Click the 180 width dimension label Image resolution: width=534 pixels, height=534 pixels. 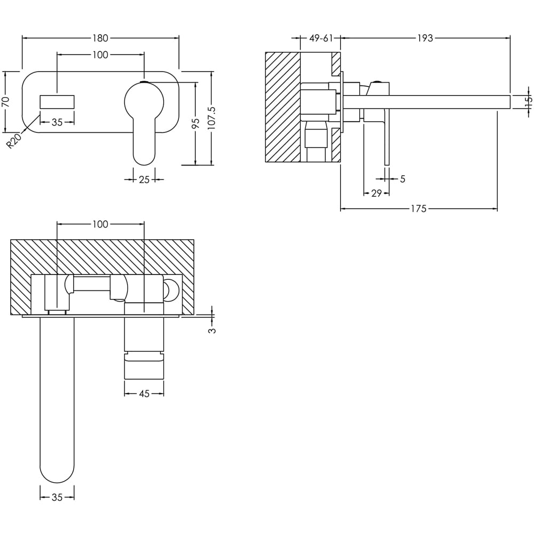click(100, 38)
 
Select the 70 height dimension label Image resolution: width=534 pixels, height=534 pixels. click(6, 101)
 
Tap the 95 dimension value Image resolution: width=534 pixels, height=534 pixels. click(196, 123)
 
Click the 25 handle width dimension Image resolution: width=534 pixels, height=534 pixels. click(144, 180)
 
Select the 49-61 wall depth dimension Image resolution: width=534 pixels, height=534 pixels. click(321, 38)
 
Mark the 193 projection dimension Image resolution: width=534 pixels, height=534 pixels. click(425, 38)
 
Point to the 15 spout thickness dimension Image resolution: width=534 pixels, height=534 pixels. click(528, 102)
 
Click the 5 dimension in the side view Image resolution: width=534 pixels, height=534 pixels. click(403, 179)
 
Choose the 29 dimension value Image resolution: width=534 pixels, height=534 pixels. click(376, 193)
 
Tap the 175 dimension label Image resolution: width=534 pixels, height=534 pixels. click(419, 209)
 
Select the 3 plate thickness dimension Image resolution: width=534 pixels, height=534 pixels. click(213, 330)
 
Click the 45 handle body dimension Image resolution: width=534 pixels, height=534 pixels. click(144, 394)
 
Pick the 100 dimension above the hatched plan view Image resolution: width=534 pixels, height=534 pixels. click(100, 224)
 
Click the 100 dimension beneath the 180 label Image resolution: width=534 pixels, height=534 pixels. click(100, 54)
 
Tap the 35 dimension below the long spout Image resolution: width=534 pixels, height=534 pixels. click(57, 497)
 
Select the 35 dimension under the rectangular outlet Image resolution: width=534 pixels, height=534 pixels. click(57, 122)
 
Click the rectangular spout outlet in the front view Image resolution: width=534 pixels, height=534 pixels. click(57, 102)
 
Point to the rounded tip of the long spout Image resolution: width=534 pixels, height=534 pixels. click(57, 473)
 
